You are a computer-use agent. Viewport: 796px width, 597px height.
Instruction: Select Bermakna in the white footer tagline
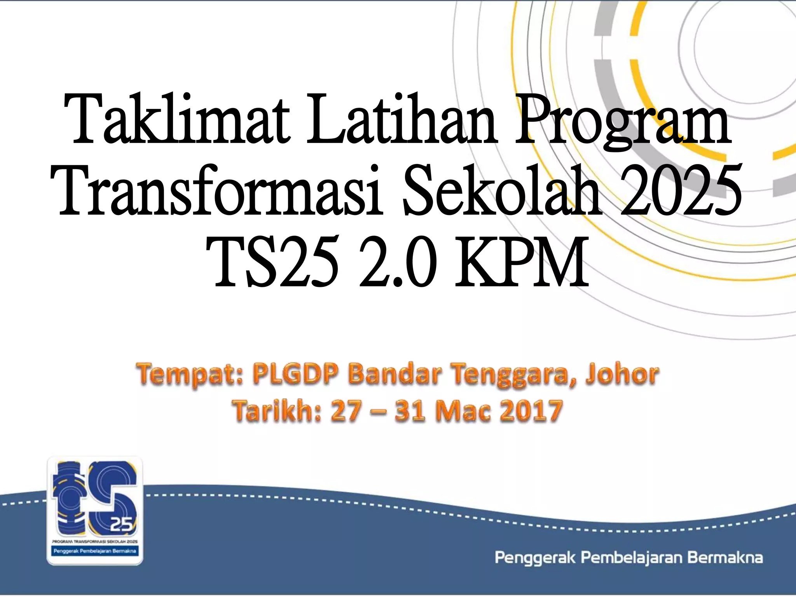(x=725, y=558)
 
